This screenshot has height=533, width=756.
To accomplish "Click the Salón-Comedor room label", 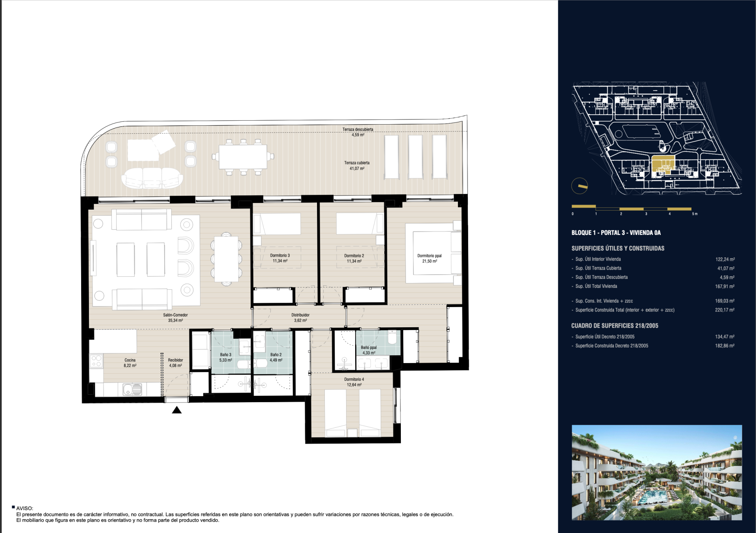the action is [175, 318].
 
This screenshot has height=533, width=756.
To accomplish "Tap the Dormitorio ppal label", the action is [429, 258].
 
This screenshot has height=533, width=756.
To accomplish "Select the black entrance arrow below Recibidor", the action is [177, 410].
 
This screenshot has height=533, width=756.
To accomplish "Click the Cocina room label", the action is [130, 363].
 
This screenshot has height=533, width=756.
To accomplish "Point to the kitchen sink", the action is [132, 389].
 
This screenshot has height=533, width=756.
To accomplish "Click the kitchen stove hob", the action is [96, 361].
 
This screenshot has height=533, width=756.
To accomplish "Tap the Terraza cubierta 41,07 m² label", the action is [357, 166].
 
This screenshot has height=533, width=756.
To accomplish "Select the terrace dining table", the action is [243, 157].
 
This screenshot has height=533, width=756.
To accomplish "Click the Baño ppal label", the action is [369, 350].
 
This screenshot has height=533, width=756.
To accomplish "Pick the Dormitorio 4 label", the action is [354, 382].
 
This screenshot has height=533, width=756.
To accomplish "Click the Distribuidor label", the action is [300, 318].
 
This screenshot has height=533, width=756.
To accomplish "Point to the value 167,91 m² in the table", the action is [724, 287].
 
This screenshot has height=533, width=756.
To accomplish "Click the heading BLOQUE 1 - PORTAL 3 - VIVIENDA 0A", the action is [616, 233].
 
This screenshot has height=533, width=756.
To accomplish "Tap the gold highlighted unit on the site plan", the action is [663, 165].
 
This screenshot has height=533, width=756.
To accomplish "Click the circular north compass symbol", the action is [580, 186].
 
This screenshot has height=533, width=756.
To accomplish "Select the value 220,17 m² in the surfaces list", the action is [724, 310].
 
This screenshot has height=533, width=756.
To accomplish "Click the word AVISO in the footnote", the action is [24, 509].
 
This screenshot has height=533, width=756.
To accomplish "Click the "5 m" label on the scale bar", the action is [695, 214].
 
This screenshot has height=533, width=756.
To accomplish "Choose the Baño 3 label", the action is [226, 357].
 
